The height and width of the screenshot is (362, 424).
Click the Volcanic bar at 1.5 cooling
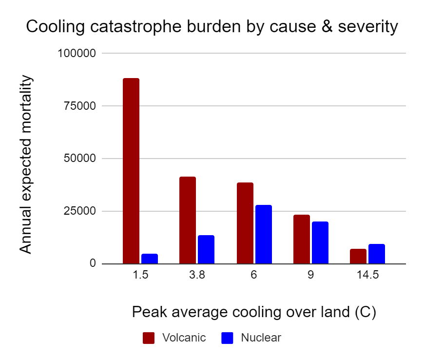(131, 171)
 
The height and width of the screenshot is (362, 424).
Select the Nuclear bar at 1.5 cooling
(150, 259)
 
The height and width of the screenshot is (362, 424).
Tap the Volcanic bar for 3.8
(188, 220)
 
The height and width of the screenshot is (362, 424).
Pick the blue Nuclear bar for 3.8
(206, 249)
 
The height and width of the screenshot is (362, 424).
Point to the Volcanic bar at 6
(245, 223)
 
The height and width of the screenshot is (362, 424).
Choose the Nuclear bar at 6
(264, 234)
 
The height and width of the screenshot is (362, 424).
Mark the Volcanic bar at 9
(302, 239)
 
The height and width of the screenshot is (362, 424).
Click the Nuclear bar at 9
(320, 242)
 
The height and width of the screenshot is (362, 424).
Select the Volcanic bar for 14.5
(358, 256)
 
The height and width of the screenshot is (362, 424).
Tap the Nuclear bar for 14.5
(377, 254)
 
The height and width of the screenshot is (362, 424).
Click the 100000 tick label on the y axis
(78, 53)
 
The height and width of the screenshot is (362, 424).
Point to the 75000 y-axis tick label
(81, 106)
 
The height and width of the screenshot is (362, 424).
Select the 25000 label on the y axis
(81, 211)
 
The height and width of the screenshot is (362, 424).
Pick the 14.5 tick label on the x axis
(367, 275)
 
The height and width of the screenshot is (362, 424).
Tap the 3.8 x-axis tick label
(197, 275)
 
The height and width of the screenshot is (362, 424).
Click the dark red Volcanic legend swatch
(149, 338)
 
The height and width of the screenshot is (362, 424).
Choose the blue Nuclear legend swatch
(228, 338)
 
